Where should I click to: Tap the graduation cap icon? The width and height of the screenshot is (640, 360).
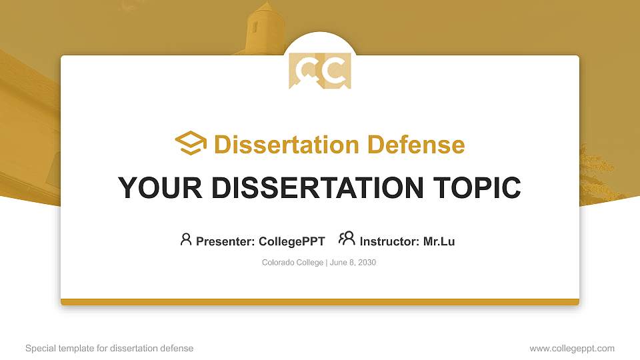[x=191, y=144]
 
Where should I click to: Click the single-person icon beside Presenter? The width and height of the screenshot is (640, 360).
[x=186, y=239]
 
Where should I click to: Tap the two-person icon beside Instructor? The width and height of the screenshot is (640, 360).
[x=347, y=239]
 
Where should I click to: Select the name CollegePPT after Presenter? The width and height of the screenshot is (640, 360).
[x=292, y=241]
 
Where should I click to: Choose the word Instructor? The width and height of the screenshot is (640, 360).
[x=389, y=241]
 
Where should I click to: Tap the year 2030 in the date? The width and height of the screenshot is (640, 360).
[x=367, y=263]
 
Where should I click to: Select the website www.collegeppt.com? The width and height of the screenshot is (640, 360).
[x=572, y=348]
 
